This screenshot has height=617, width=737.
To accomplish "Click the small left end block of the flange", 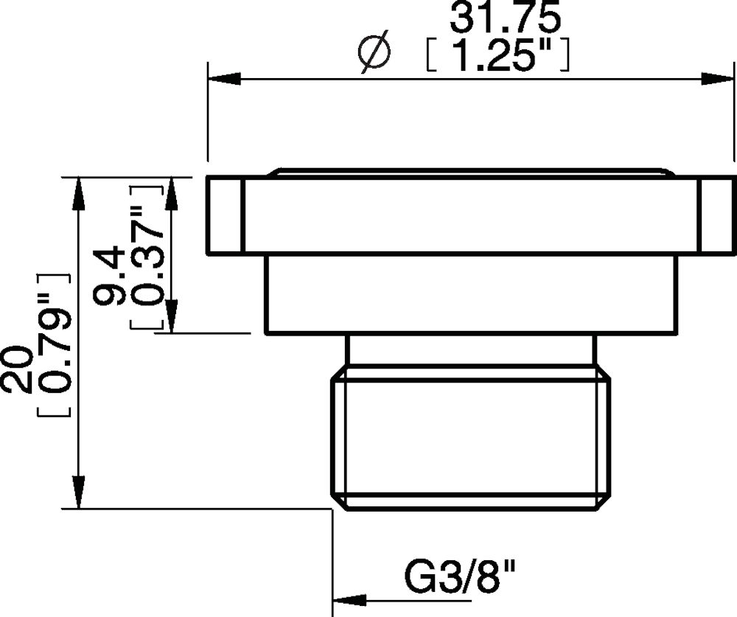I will point(224,215).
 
